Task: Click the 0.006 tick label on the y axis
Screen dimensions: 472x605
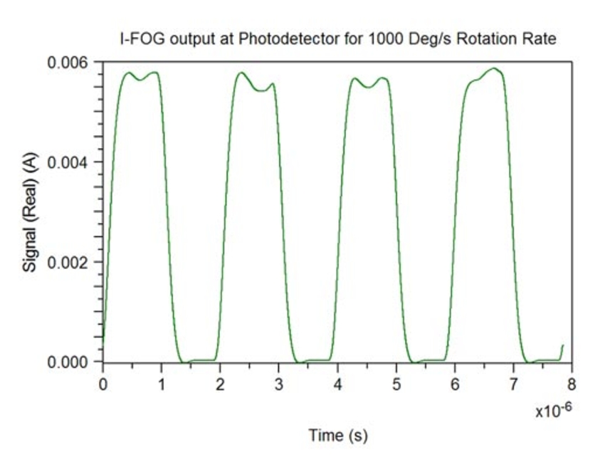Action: (x=69, y=62)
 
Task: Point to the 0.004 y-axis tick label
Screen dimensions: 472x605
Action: (x=69, y=162)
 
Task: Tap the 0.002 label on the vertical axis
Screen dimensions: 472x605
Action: (x=69, y=263)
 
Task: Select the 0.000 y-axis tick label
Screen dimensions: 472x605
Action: (x=69, y=362)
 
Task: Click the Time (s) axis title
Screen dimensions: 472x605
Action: (x=337, y=435)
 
